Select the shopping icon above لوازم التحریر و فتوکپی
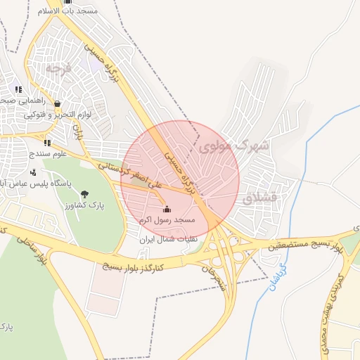(56, 103)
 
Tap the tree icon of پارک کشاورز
(84, 194)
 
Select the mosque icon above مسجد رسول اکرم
(166, 209)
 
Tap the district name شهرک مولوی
(234, 146)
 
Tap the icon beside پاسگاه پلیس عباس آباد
(34, 172)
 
